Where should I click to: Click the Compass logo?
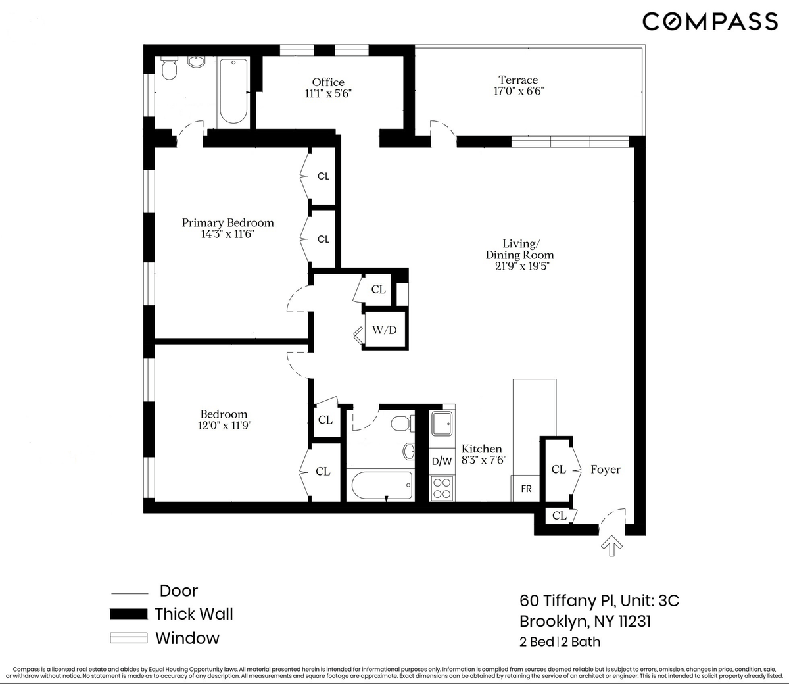coord(710,22)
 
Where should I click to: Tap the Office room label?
coord(328,82)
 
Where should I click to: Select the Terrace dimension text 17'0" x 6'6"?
coord(518,91)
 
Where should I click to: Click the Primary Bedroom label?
coord(227,223)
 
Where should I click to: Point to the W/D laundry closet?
coord(385,330)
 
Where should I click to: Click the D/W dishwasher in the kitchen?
coord(442,461)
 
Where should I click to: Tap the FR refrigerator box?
coord(525,489)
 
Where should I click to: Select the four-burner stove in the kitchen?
coord(442,488)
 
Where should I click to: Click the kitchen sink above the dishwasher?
coord(442,423)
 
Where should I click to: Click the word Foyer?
coord(606,470)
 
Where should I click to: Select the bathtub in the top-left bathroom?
coord(233,91)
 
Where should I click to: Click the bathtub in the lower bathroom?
coord(382,485)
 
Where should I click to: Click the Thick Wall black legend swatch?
coord(129,614)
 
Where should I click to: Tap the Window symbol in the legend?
coord(129,638)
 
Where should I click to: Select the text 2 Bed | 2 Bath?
coord(560,642)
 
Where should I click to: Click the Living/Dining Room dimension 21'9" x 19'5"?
coord(522,266)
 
